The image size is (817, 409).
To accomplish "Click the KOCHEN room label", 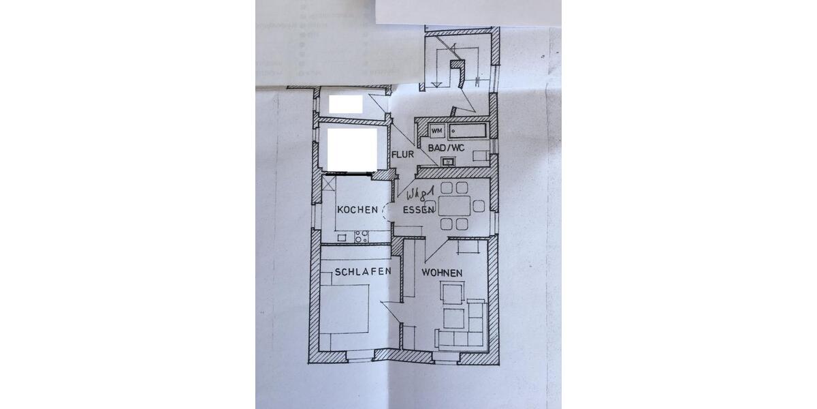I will click(x=357, y=210).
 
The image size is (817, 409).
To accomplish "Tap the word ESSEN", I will click(x=418, y=210).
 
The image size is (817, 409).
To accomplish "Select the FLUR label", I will click(x=402, y=155).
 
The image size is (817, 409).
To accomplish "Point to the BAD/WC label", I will click(x=446, y=147).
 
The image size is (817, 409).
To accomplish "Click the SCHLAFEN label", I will click(x=362, y=272).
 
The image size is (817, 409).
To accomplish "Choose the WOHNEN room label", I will click(x=442, y=273).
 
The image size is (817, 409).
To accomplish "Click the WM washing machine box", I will click(x=436, y=130).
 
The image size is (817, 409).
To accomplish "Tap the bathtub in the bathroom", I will click(x=466, y=131).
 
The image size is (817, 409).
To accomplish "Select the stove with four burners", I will click(x=361, y=237).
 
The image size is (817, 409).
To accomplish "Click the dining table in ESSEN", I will click(x=453, y=206).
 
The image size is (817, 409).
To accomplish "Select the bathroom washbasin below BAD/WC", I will click(x=449, y=162).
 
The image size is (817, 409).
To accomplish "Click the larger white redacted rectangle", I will click(x=352, y=149).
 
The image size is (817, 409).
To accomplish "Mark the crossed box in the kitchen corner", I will click(x=330, y=184).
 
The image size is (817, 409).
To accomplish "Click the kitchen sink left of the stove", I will click(x=341, y=238).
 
